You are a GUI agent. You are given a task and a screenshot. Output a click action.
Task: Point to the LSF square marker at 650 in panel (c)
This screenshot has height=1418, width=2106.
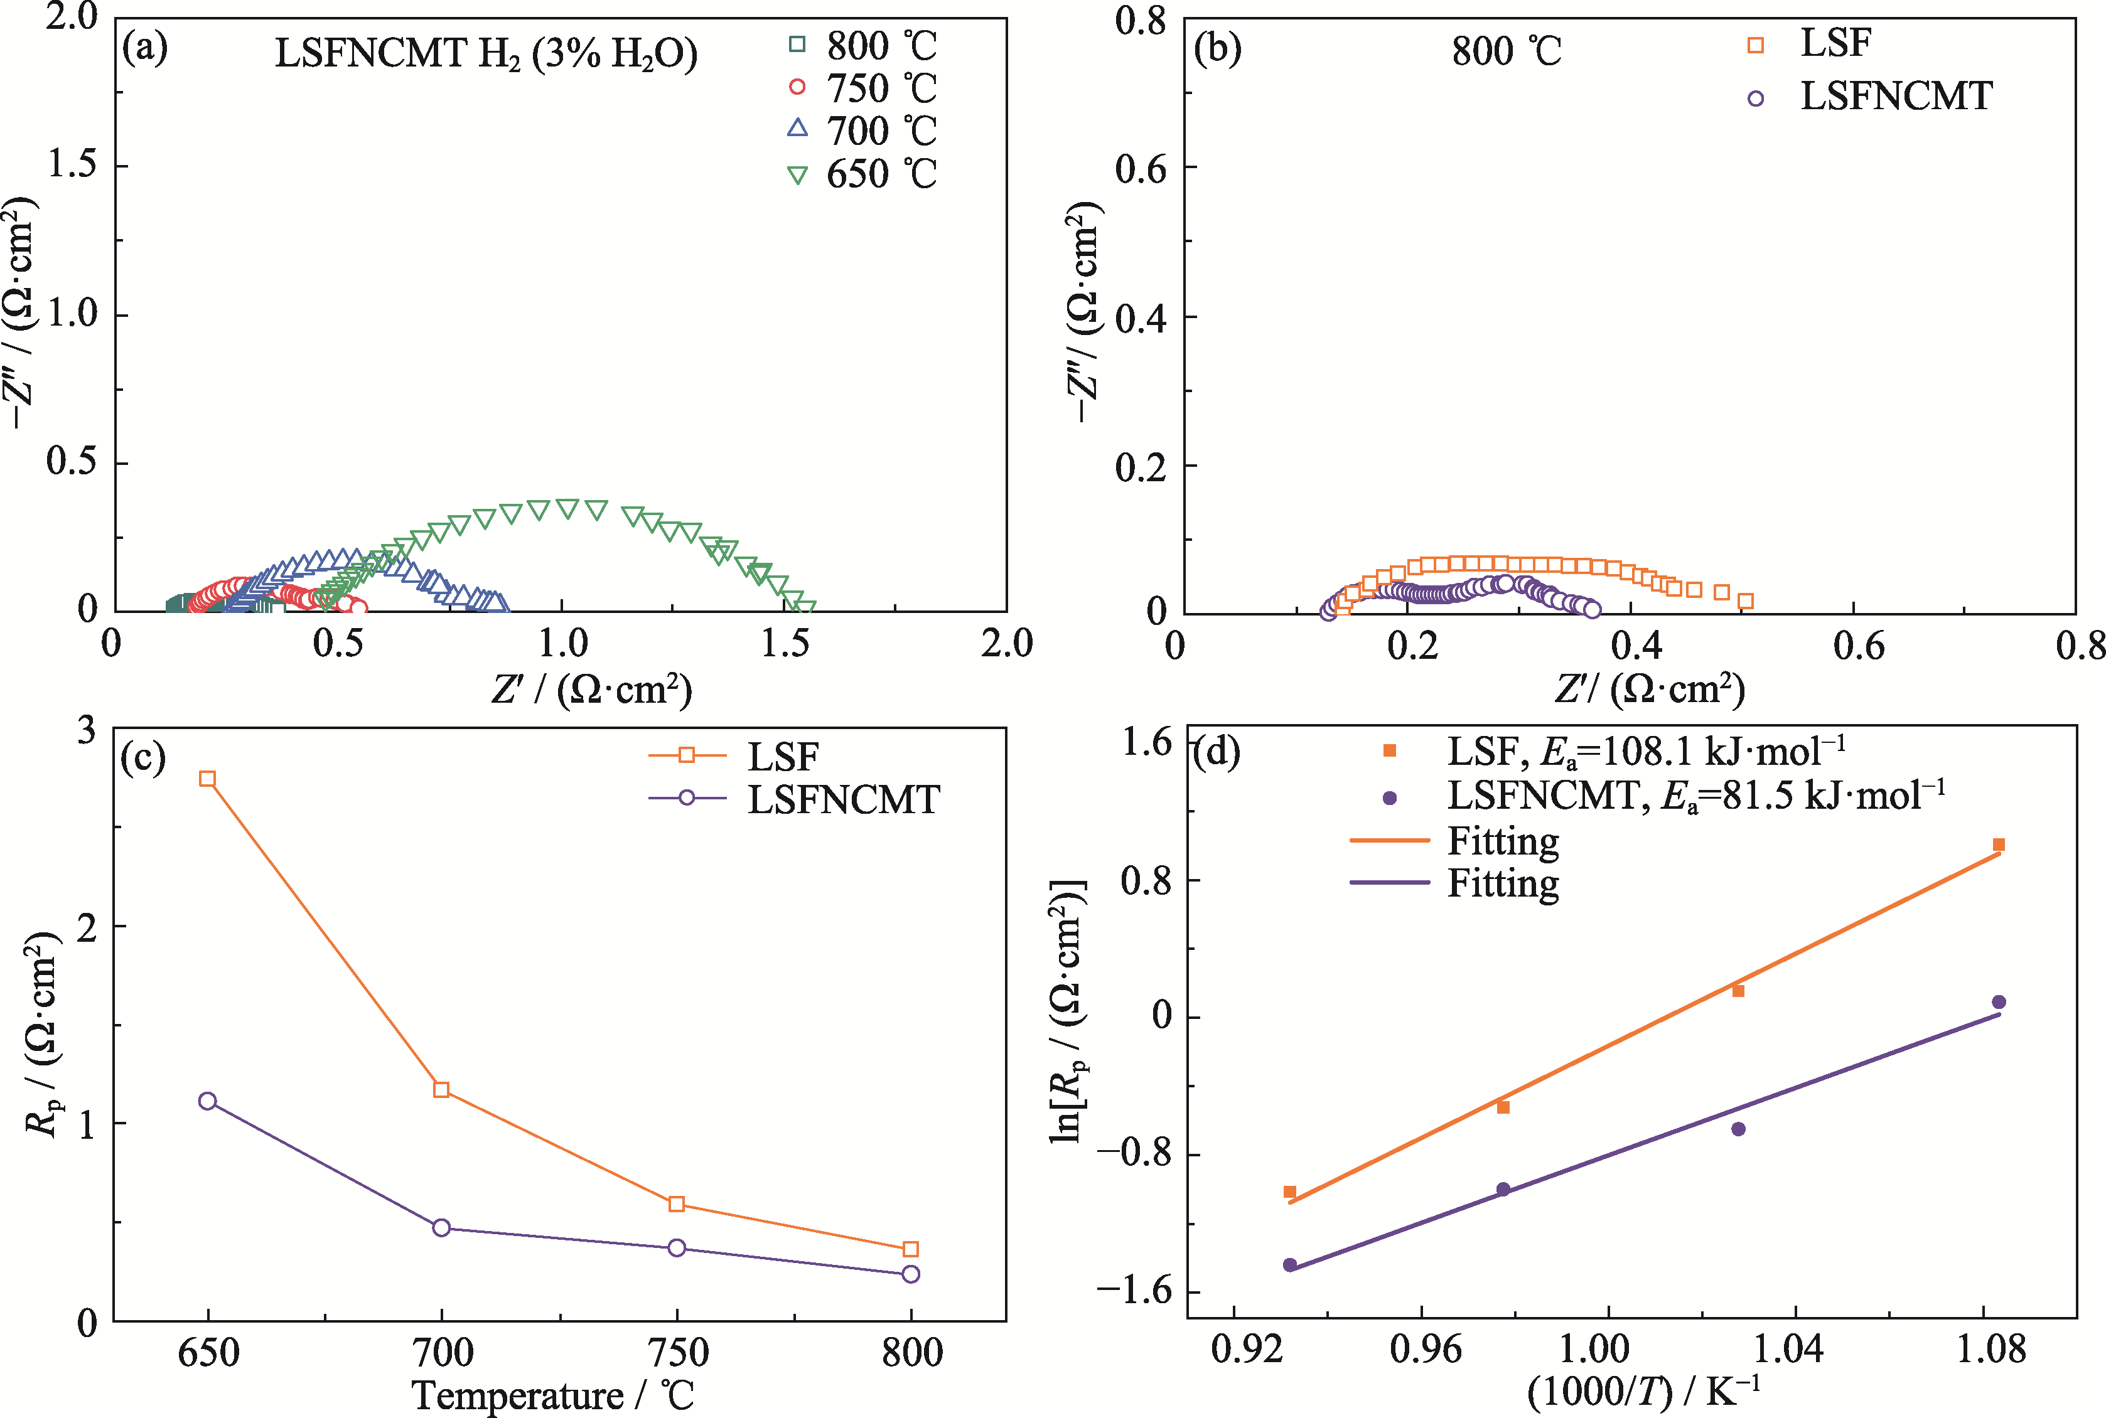coord(207,779)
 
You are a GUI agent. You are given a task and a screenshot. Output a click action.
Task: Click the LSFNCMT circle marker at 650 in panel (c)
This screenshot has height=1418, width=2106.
coord(207,1101)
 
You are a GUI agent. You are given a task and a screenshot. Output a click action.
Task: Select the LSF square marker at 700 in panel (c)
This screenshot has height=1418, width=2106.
coord(441,1090)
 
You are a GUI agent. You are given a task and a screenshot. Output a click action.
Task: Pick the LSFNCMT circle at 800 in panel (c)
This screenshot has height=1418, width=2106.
coord(911,1274)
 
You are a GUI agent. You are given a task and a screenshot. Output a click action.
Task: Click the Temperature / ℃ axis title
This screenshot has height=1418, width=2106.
coord(553,1395)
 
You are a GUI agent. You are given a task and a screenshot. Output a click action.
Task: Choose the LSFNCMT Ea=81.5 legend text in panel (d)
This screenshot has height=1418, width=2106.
coord(1696,796)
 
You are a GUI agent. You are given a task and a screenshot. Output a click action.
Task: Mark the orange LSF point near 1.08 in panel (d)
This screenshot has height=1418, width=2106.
coord(1999,845)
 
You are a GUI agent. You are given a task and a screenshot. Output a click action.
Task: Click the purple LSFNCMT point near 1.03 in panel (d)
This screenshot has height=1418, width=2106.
coord(1738,1129)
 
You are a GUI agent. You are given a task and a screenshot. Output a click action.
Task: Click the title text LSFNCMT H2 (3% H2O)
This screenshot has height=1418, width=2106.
coord(486,54)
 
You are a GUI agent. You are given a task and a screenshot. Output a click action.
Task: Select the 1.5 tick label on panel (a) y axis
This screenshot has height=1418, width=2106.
coord(72,164)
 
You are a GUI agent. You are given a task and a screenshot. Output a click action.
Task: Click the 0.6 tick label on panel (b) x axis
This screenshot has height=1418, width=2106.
coord(1858,646)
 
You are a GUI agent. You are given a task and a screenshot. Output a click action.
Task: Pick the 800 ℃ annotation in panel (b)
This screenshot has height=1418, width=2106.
coord(1507,51)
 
